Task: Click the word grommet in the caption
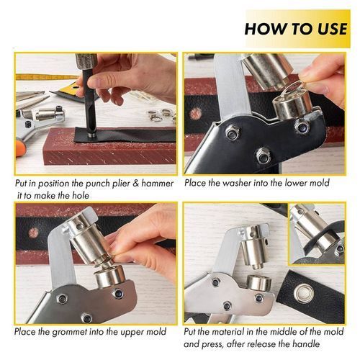point(69,332)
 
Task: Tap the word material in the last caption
point(234,332)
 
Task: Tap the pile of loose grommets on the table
point(161,114)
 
